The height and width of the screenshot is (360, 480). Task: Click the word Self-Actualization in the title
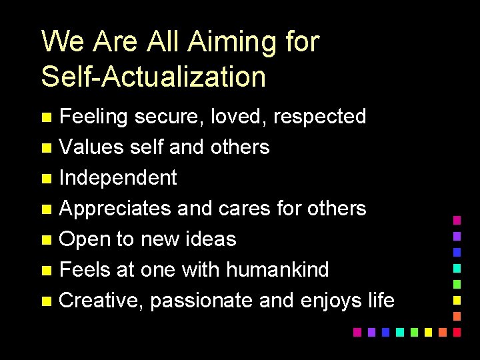click(x=153, y=77)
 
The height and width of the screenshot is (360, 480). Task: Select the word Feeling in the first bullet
click(x=93, y=117)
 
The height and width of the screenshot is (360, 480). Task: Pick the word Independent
click(x=118, y=178)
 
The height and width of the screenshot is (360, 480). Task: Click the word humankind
click(x=277, y=269)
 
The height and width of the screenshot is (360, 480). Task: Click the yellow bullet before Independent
click(x=46, y=179)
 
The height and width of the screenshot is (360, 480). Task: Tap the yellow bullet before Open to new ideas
click(x=46, y=240)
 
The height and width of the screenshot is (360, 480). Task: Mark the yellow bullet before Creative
click(x=46, y=301)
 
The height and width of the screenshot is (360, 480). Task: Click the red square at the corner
click(x=457, y=331)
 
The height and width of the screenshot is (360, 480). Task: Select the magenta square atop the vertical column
click(x=457, y=219)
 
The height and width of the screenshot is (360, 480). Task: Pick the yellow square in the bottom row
click(x=428, y=331)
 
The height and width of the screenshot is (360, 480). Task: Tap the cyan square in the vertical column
click(x=457, y=267)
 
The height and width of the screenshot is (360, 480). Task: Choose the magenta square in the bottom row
click(x=357, y=331)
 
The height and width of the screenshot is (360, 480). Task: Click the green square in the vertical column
click(x=457, y=283)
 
